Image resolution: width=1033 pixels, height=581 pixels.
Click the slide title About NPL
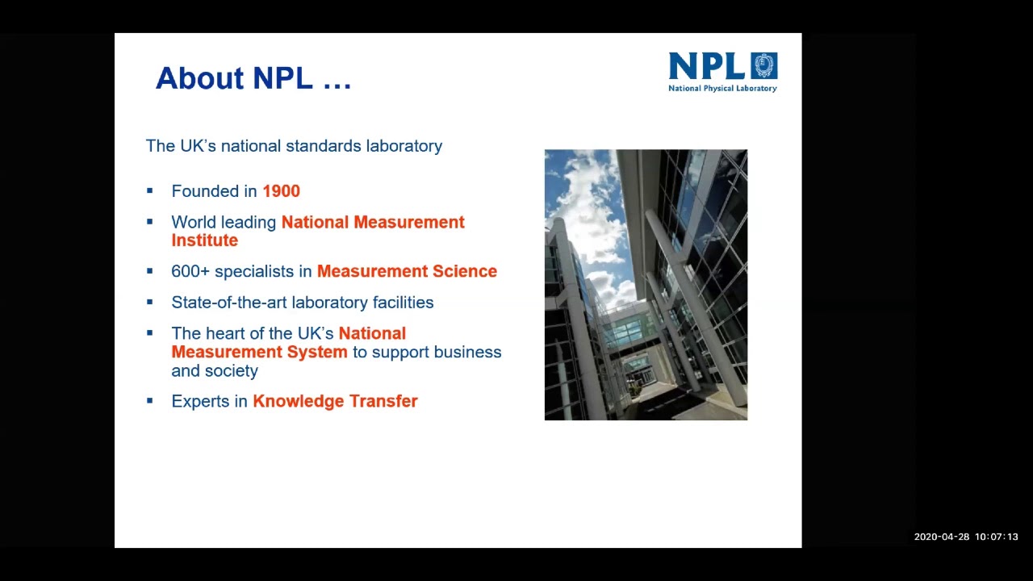click(253, 78)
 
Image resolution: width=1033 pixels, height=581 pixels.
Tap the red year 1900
click(281, 191)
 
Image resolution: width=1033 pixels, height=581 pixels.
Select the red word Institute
click(204, 240)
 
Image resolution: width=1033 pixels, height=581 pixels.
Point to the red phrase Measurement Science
click(407, 271)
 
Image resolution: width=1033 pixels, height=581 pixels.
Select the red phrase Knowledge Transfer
click(335, 401)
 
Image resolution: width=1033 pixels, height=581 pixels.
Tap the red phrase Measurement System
click(259, 352)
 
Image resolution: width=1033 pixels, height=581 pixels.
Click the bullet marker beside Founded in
click(149, 191)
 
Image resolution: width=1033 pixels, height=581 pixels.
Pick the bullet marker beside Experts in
click(149, 400)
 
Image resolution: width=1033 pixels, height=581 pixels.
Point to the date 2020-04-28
click(941, 537)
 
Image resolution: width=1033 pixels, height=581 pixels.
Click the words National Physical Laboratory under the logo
click(722, 88)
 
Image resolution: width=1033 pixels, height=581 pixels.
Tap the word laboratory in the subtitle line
click(404, 146)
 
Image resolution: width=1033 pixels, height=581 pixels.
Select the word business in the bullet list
click(467, 352)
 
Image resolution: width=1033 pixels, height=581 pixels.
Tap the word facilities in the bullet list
click(403, 303)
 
